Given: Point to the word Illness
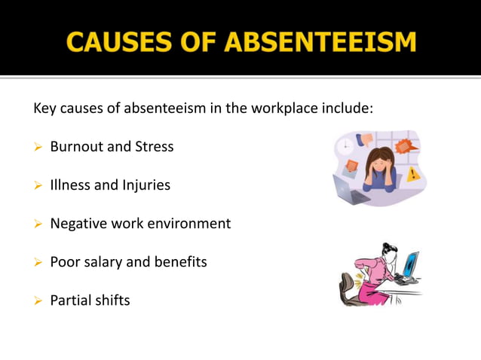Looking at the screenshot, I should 69,185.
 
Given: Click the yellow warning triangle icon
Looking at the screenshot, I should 412,175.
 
